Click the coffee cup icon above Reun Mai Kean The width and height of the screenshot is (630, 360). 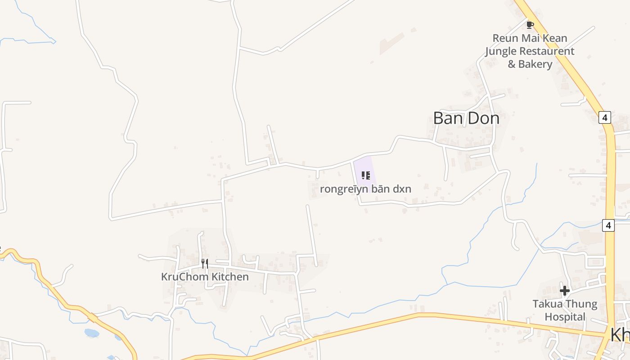tap(530, 25)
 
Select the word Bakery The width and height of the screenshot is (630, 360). tap(535, 64)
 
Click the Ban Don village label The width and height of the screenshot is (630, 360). tap(466, 118)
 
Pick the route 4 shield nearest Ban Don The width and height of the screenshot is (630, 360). tap(605, 118)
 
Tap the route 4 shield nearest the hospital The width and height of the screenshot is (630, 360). tap(608, 225)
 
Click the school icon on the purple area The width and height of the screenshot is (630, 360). tap(365, 175)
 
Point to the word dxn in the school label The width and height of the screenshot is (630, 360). tap(402, 189)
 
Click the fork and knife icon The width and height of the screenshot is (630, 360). tap(205, 263)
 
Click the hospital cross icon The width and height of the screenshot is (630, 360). tap(565, 291)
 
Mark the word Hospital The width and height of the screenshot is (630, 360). tap(565, 317)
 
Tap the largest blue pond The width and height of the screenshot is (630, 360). tap(91, 333)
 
